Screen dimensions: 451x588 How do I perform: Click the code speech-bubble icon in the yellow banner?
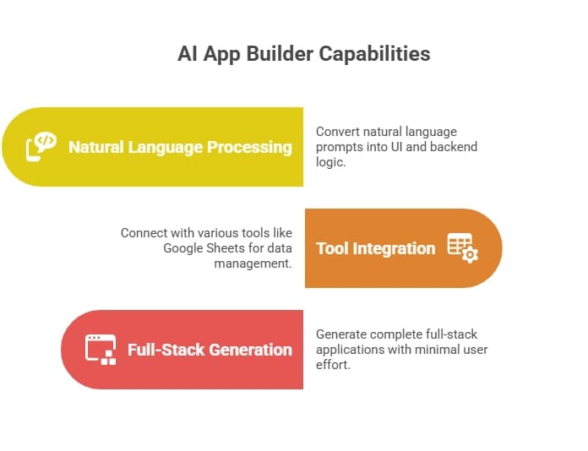pyautogui.click(x=41, y=146)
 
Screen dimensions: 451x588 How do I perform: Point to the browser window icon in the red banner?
pyautogui.click(x=101, y=349)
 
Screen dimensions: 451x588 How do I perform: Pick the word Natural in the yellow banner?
pyautogui.click(x=96, y=147)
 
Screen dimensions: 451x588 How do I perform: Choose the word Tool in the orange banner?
pyautogui.click(x=334, y=248)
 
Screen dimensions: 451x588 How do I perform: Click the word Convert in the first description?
pyautogui.click(x=338, y=132)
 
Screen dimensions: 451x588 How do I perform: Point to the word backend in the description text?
pyautogui.click(x=455, y=147)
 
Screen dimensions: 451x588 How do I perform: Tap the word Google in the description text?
pyautogui.click(x=182, y=247)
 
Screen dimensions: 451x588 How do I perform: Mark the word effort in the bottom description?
pyautogui.click(x=332, y=365)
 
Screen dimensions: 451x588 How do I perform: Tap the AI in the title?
pyautogui.click(x=187, y=54)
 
